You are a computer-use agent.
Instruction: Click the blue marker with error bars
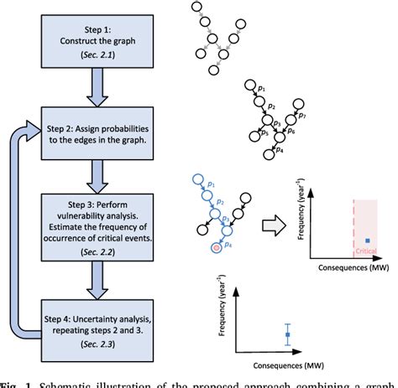pos(288,334)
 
